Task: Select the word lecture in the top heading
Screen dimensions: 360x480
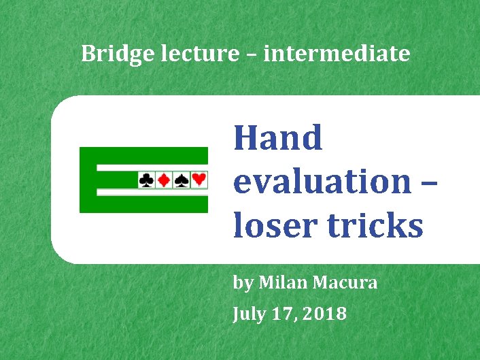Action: (x=203, y=53)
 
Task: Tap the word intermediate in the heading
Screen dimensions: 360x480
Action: (x=337, y=53)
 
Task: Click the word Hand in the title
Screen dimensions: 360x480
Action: (x=277, y=138)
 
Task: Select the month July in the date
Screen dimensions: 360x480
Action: (x=248, y=314)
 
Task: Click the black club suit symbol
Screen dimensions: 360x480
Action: (x=146, y=180)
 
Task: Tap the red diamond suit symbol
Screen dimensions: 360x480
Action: (x=164, y=180)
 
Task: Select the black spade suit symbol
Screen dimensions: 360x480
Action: (x=182, y=180)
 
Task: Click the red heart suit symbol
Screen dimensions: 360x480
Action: (x=199, y=180)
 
